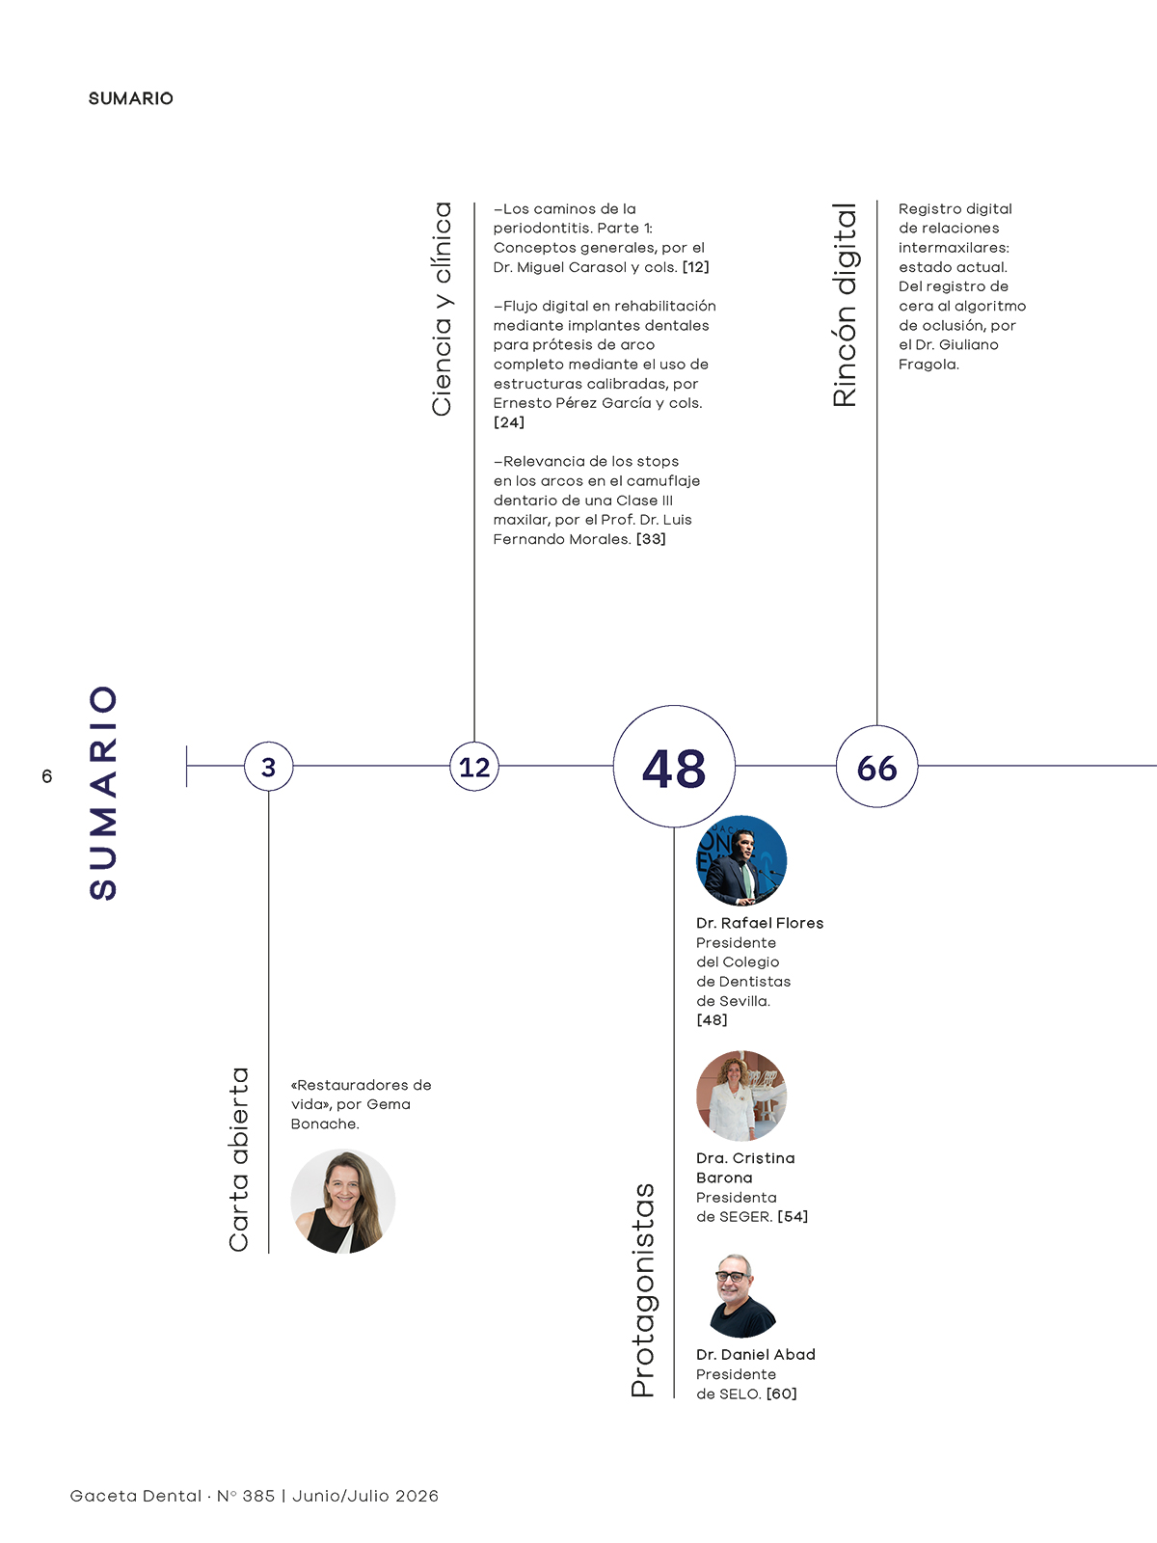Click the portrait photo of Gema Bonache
pyautogui.click(x=343, y=1202)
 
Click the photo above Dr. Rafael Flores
pyautogui.click(x=741, y=859)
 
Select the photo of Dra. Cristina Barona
pyautogui.click(x=741, y=1096)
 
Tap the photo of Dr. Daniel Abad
pyautogui.click(x=741, y=1295)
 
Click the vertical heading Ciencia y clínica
pyautogui.click(x=442, y=310)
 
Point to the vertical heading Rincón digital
pyautogui.click(x=845, y=305)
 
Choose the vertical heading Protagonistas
pyautogui.click(x=643, y=1290)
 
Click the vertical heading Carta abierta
pyautogui.click(x=239, y=1160)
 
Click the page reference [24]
pyautogui.click(x=509, y=422)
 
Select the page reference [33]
pyautogui.click(x=651, y=539)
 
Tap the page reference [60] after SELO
pyautogui.click(x=782, y=1394)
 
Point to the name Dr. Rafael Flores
pyautogui.click(x=760, y=923)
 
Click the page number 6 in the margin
pyautogui.click(x=47, y=776)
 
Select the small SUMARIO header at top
pyautogui.click(x=131, y=98)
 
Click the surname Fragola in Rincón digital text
pyautogui.click(x=928, y=365)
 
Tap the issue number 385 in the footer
pyautogui.click(x=258, y=1496)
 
